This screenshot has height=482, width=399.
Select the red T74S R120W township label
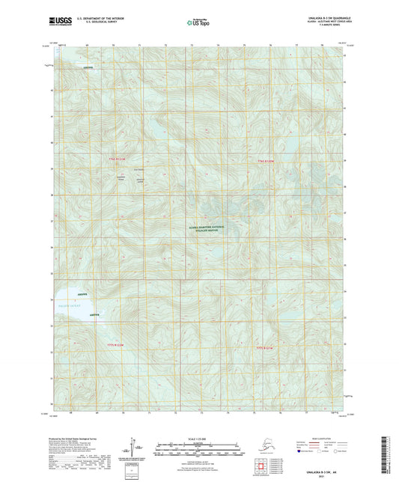coord(267,161)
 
